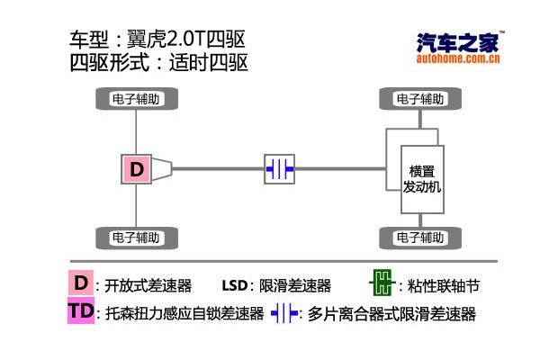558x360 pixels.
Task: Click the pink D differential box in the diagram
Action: pyautogui.click(x=137, y=168)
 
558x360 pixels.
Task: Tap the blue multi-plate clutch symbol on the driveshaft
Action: pyautogui.click(x=279, y=168)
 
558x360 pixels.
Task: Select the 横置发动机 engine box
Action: pyautogui.click(x=420, y=178)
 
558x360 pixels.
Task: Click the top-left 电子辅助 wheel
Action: pyautogui.click(x=136, y=98)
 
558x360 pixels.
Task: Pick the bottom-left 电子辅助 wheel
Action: pyautogui.click(x=136, y=238)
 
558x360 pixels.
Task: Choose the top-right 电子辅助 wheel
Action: pyautogui.click(x=420, y=98)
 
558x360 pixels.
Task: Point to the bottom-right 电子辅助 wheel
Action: pyautogui.click(x=420, y=238)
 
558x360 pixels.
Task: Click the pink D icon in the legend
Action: pyautogui.click(x=81, y=283)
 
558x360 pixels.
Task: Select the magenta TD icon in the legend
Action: pyautogui.click(x=80, y=312)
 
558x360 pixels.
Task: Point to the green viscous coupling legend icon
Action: pyautogui.click(x=382, y=285)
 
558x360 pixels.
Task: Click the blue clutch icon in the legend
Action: pyautogui.click(x=284, y=314)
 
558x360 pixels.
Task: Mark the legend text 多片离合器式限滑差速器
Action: pyautogui.click(x=391, y=315)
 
